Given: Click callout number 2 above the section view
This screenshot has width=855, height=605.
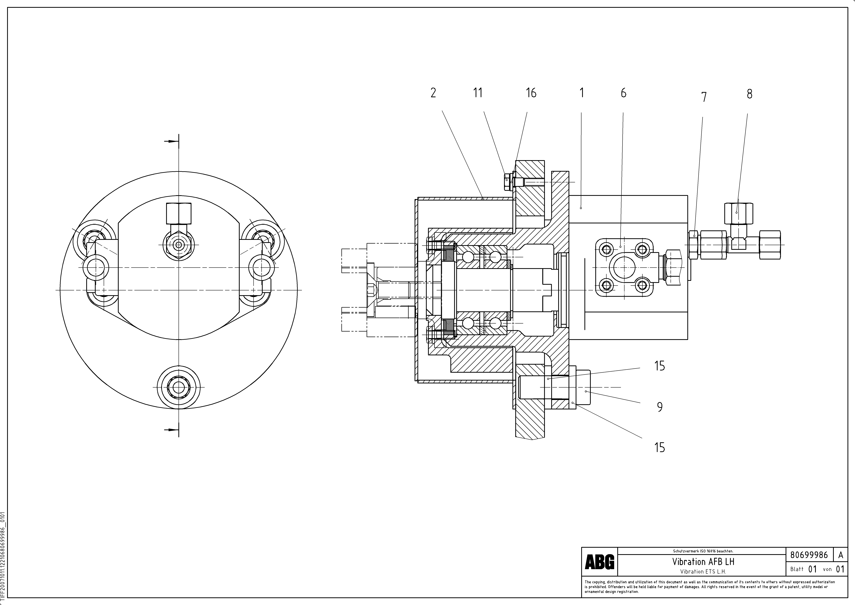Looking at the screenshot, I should (x=433, y=93).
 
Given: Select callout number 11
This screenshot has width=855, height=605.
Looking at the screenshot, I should (x=478, y=93).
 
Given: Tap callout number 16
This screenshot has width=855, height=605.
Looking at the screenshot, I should (x=531, y=93).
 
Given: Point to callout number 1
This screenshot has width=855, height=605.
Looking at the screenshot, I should (x=582, y=93).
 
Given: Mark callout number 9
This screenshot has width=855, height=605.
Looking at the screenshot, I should (x=660, y=407).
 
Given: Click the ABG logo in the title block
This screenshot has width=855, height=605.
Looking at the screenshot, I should (x=600, y=562).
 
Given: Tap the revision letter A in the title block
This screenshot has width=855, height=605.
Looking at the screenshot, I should (x=841, y=555).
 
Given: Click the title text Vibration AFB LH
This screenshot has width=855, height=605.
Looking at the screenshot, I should (x=703, y=561).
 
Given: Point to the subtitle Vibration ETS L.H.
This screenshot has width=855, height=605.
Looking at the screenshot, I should (x=703, y=571).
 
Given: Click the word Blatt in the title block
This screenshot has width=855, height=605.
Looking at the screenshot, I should (x=797, y=569).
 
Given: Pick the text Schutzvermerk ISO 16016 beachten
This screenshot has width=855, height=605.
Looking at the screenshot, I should (x=703, y=551).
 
